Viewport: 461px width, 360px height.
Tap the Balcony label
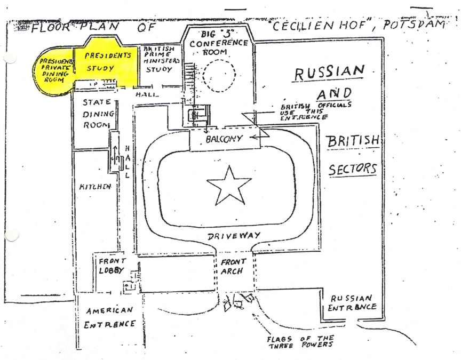click(x=225, y=139)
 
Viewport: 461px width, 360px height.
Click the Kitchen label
click(x=96, y=187)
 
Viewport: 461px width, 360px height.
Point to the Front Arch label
click(x=233, y=266)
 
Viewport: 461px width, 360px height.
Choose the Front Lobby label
click(x=112, y=266)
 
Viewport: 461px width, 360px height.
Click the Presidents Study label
click(x=107, y=62)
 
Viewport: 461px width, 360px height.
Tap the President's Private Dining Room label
click(x=53, y=70)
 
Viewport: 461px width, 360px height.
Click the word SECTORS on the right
click(x=353, y=169)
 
